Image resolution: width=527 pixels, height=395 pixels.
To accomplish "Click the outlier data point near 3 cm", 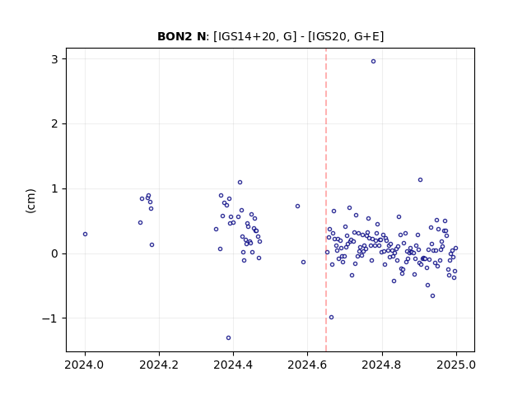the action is click(373, 62).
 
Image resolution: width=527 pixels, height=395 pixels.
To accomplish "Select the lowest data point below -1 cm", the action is click(229, 338).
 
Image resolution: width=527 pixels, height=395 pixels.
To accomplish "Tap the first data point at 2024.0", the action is click(85, 234).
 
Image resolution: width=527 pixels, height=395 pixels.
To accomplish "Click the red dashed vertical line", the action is click(326, 200).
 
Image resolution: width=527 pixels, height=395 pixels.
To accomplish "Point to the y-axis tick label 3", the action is click(54, 59).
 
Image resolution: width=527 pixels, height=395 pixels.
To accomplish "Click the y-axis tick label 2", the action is click(54, 124).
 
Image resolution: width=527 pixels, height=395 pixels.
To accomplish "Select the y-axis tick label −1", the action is click(49, 318).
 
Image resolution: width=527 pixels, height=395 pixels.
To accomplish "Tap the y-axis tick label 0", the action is click(54, 254).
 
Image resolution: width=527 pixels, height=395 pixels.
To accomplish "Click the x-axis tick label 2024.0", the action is click(85, 365).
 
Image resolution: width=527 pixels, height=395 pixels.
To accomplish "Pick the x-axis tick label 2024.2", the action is click(159, 365).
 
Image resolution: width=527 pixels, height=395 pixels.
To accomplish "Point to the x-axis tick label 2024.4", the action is click(233, 365).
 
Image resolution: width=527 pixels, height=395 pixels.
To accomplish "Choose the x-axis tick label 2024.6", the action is click(307, 365).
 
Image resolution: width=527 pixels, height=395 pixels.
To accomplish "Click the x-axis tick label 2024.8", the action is click(382, 365).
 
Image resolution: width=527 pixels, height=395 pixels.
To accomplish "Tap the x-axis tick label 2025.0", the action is click(456, 365).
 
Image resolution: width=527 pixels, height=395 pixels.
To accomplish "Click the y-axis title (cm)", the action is click(30, 201).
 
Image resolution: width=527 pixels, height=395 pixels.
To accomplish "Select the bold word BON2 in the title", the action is click(175, 36).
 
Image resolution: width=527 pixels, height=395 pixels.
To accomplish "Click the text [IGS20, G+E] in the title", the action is click(346, 36).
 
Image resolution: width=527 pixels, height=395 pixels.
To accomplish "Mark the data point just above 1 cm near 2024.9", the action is click(420, 180).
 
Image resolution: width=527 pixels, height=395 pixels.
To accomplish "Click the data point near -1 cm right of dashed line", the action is click(331, 318).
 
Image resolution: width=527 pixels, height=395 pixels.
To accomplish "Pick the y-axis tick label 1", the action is click(54, 188).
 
